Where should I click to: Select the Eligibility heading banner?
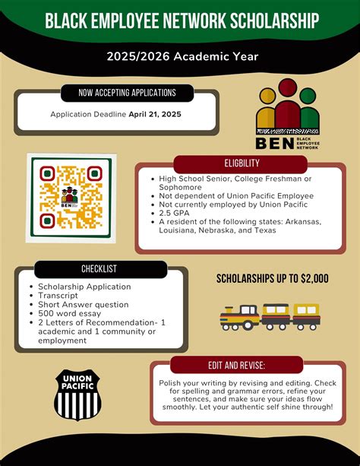click(x=242, y=163)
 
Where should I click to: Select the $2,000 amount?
click(x=313, y=278)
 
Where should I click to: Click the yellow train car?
click(x=305, y=315)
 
